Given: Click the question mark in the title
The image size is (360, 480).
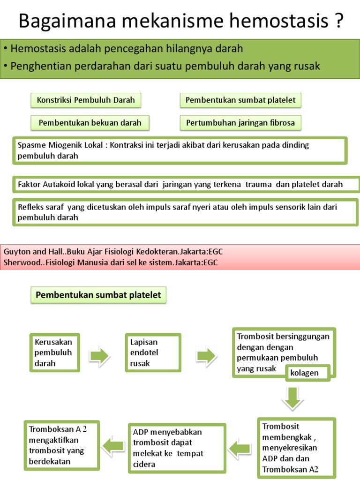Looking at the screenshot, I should pos(337,21).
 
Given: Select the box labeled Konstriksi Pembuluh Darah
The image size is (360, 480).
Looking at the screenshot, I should pos(86,100).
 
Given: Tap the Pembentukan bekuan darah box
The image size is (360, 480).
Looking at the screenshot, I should pos(90,123).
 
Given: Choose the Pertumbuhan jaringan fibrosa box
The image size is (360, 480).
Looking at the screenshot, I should pos(240,123).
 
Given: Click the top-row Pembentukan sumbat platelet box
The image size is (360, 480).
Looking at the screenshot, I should pos(240,100).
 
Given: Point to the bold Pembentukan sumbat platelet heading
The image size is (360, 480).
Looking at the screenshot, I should pos(98,295).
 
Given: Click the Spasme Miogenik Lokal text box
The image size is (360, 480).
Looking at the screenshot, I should pos(180,150).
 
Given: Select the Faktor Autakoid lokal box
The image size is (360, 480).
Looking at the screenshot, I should pos(186,185).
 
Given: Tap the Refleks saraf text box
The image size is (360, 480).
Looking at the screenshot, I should pos(186,212).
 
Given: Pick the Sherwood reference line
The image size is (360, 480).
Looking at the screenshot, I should pos(111,262).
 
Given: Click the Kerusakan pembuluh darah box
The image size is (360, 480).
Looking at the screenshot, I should pos(54,354).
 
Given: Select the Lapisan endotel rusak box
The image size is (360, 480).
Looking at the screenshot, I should pos(153,354).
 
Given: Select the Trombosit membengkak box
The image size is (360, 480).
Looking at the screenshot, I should pos(296,448).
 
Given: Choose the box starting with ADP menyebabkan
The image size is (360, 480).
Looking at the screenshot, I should pos(177,447).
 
